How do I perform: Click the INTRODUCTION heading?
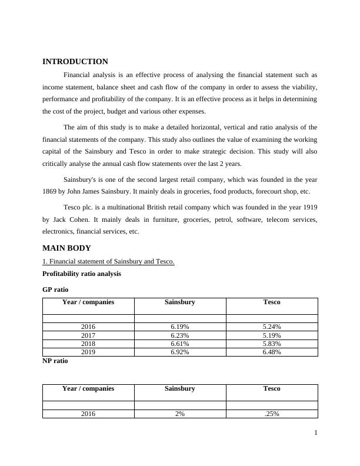75,61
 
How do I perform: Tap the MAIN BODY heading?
66,248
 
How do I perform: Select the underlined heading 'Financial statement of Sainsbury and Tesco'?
108,261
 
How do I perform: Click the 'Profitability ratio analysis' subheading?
82,274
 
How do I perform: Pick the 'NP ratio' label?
55,361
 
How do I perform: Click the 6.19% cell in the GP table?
179,327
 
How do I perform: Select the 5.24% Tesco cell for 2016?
271,327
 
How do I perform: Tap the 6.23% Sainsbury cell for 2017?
179,335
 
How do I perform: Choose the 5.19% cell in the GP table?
271,335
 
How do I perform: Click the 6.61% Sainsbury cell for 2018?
179,344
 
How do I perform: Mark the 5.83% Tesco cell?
271,344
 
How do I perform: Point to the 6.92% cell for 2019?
179,352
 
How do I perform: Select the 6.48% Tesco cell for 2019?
271,352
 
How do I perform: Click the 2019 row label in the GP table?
88,352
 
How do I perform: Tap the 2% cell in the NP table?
179,414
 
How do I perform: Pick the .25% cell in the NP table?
271,414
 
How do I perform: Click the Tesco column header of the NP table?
271,388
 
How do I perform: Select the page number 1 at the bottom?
316,433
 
